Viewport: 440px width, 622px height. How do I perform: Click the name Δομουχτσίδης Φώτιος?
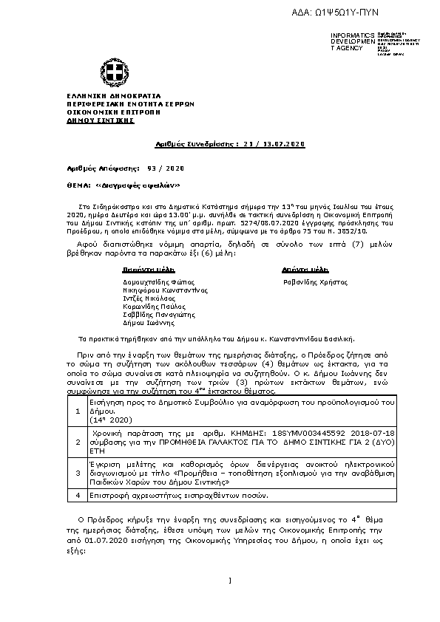[x=154, y=282]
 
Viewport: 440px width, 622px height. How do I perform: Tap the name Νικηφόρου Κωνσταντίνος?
[x=159, y=290]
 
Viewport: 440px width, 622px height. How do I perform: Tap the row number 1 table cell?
[x=79, y=411]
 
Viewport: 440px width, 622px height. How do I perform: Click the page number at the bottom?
[x=231, y=581]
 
